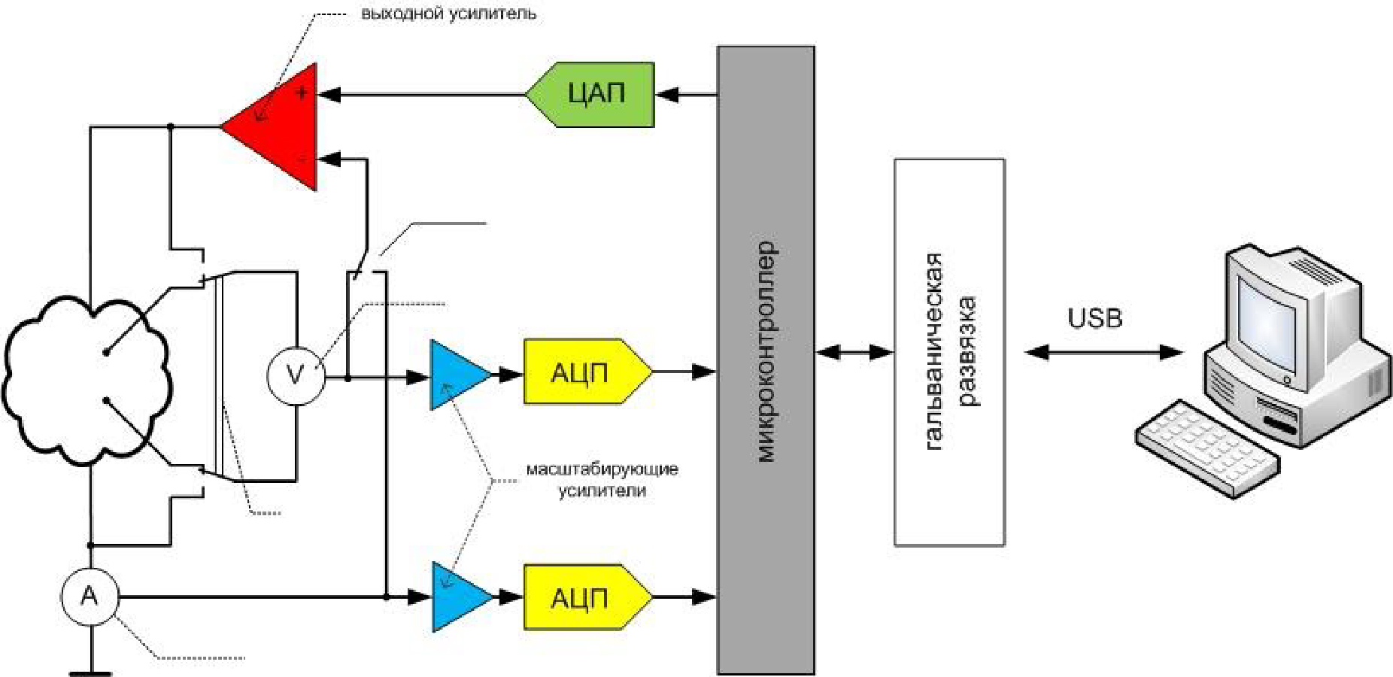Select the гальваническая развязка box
point(948,352)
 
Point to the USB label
point(1094,318)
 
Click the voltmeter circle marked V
point(296,374)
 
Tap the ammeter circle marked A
point(90,597)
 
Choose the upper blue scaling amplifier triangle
point(454,375)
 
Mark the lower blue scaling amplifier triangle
point(456,597)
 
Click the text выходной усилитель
point(448,14)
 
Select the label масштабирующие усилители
point(602,480)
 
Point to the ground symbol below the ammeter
point(91,672)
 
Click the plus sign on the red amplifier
point(302,93)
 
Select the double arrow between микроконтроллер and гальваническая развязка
point(854,352)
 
